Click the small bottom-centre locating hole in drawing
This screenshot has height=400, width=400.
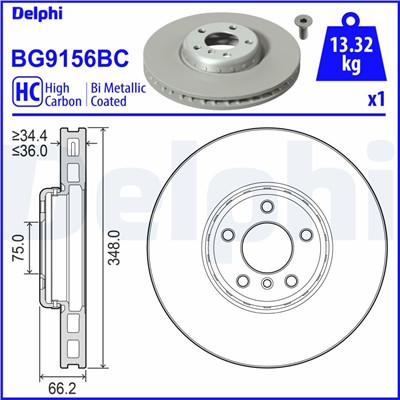pos(266,286)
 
